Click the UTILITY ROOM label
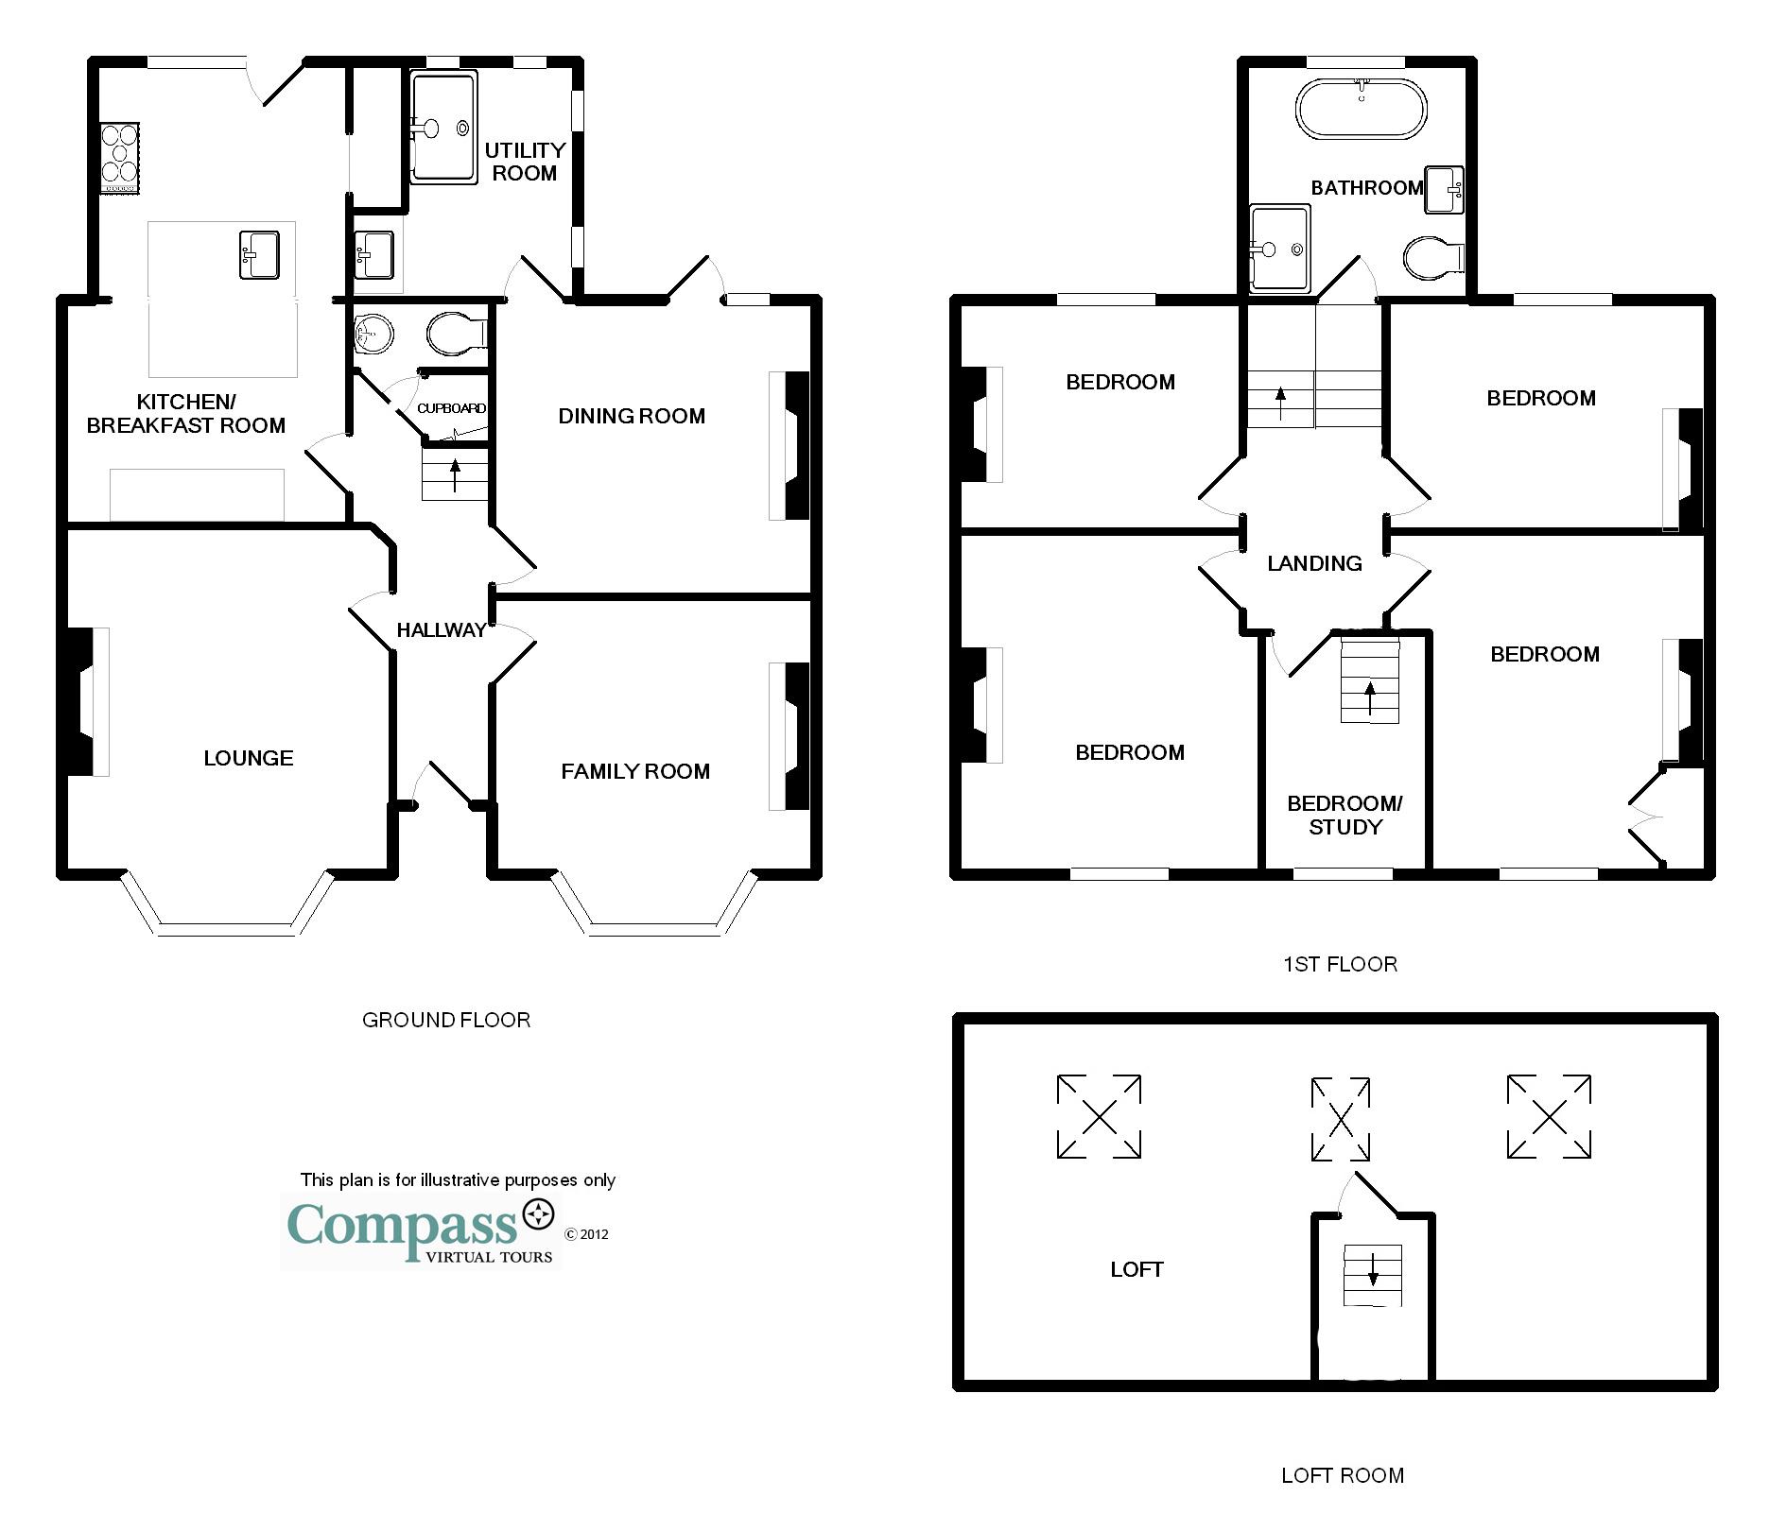[525, 162]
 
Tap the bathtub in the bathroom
[1361, 110]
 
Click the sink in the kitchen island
[260, 254]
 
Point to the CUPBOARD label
[452, 408]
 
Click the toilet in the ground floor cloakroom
[458, 335]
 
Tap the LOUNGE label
[249, 758]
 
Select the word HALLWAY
[442, 630]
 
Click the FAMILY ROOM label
[635, 771]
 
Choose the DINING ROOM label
[632, 416]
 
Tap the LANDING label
[1314, 563]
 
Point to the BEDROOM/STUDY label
[1345, 815]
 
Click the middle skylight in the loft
[1341, 1119]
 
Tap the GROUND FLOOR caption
[446, 1020]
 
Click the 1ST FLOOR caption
[1340, 964]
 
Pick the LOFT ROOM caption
[1343, 1475]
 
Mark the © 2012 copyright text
[586, 1234]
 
